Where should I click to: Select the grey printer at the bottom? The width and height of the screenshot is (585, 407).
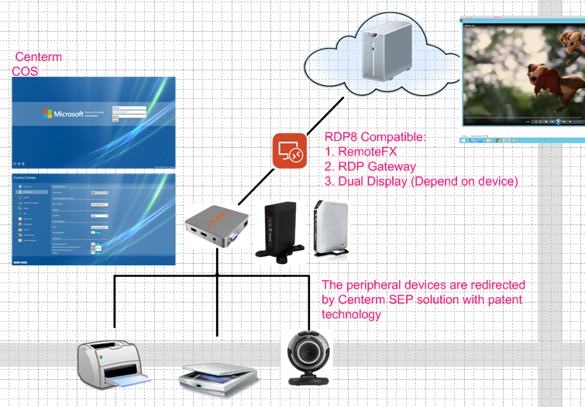114,364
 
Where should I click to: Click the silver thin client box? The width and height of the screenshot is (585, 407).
217,227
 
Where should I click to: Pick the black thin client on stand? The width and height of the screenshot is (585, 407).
280,228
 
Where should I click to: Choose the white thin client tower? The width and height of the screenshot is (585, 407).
330,227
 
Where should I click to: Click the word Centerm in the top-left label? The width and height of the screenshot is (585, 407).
39,57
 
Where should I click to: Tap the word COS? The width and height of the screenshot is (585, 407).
26,71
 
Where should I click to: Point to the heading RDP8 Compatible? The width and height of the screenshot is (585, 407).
375,138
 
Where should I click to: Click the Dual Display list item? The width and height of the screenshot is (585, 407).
422,182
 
